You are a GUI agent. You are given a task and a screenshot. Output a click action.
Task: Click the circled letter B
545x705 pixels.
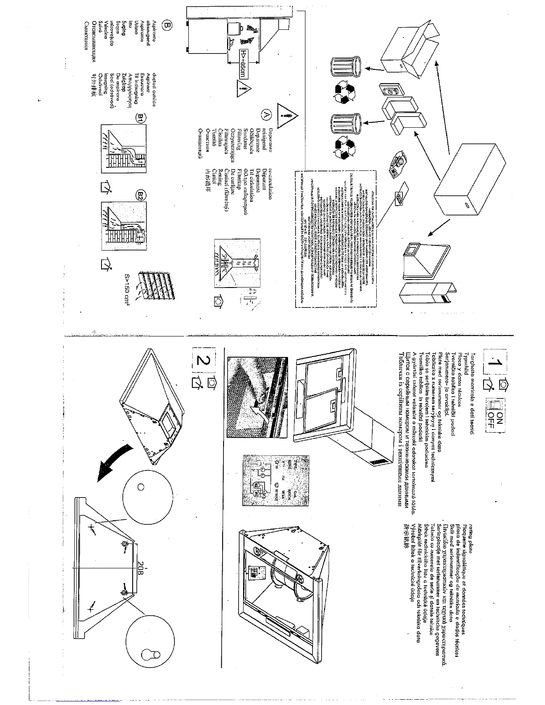click(167, 26)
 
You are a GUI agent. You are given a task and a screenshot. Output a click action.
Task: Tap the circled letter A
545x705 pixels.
click(267, 115)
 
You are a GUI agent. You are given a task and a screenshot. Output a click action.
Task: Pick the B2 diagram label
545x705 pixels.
click(140, 195)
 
